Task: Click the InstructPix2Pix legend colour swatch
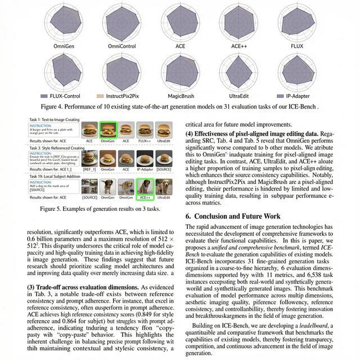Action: click(x=101, y=96)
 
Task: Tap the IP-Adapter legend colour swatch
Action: click(x=281, y=96)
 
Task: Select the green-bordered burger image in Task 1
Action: click(x=107, y=130)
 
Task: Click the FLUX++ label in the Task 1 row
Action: click(x=144, y=141)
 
